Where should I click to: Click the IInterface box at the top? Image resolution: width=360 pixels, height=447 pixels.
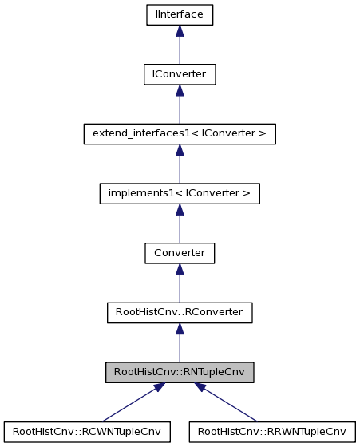click(180, 14)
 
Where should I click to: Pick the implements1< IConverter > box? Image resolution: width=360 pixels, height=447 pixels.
click(180, 193)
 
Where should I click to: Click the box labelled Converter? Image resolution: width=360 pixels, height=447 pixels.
click(180, 253)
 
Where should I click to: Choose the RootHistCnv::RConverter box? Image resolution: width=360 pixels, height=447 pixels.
click(180, 313)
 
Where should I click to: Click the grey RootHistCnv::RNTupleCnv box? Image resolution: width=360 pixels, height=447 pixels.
click(180, 372)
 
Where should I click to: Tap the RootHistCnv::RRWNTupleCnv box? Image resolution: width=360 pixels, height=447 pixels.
click(271, 432)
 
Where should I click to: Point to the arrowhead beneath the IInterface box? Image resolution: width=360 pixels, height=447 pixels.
click(180, 30)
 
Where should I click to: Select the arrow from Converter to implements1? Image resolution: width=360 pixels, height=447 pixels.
click(180, 224)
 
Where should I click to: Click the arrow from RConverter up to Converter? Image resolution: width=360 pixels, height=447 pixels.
click(180, 284)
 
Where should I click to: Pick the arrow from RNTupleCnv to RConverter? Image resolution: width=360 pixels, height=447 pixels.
click(180, 344)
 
